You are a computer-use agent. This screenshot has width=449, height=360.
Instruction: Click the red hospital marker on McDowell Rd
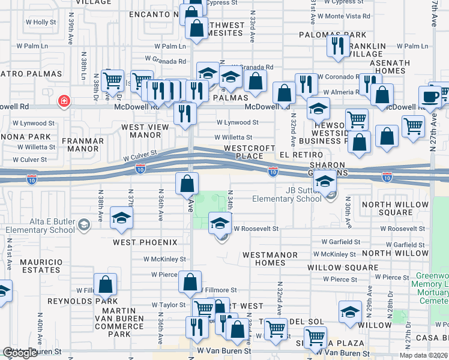coord(63,101)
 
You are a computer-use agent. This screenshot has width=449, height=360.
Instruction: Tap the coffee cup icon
coord(430,97)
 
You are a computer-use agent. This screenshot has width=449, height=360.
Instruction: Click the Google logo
coord(20,353)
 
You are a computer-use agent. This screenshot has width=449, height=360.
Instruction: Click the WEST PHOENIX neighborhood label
coord(145,242)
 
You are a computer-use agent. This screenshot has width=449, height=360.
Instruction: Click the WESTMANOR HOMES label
coord(270,259)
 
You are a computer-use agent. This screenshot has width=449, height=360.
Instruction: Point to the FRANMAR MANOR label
coord(82,145)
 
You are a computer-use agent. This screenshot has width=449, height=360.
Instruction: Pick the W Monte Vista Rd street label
coord(344,16)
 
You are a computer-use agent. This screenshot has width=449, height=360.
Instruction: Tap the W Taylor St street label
coord(169,305)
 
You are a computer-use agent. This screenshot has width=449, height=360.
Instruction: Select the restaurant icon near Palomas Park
coord(339,44)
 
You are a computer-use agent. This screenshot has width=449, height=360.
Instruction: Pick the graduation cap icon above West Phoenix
coord(121,218)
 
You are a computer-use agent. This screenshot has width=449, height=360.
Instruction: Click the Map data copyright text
coord(424,355)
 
